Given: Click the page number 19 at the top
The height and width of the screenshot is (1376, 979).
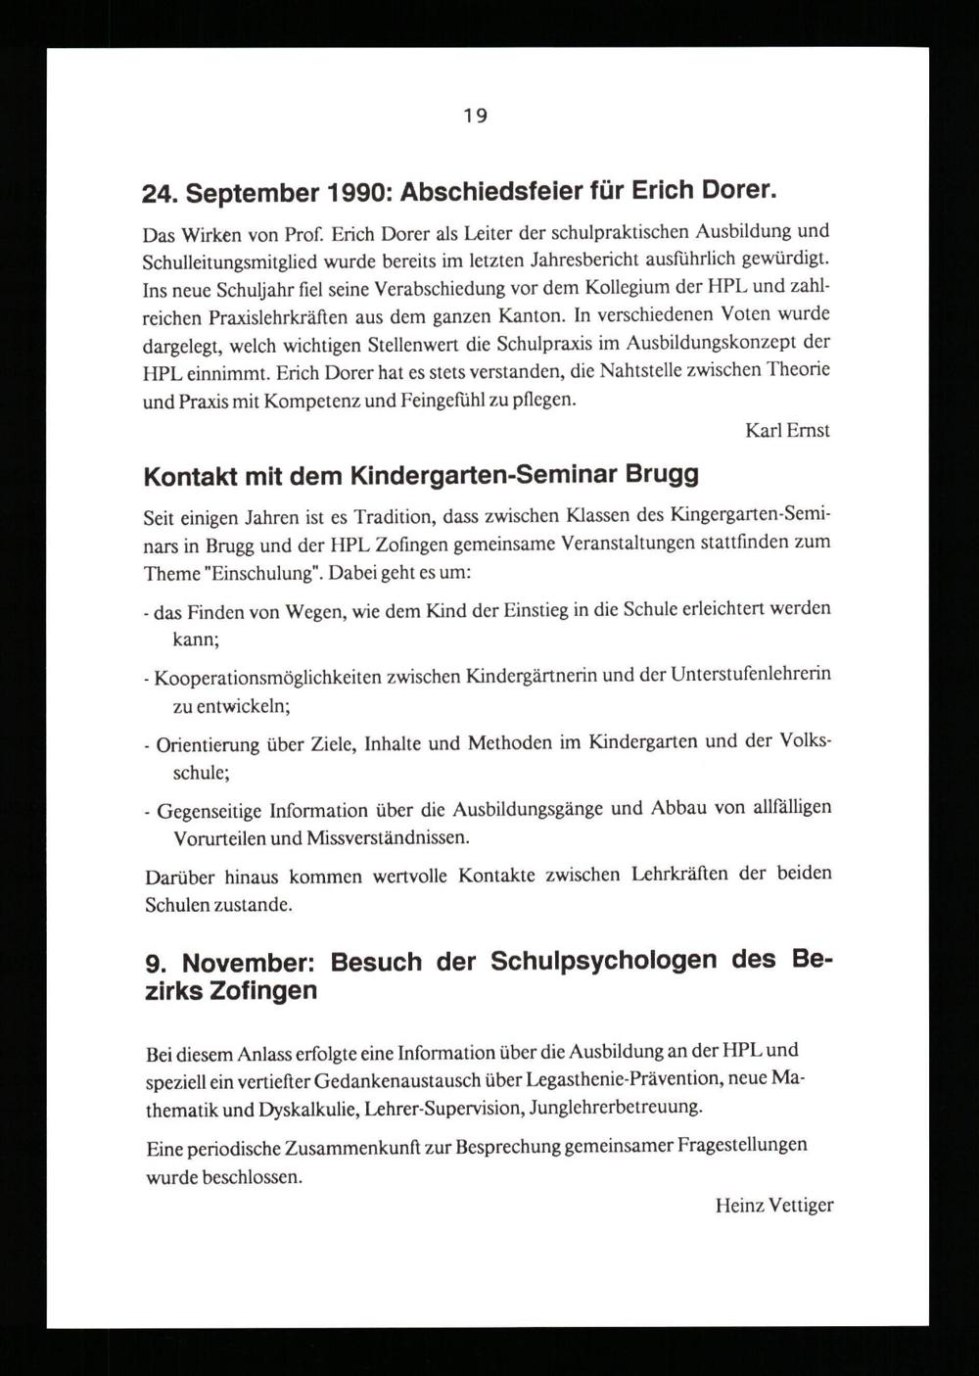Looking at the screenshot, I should point(475,116).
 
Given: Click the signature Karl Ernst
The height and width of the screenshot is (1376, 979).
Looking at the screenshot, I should point(787,430).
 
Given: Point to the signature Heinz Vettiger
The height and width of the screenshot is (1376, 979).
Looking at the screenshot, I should point(773,1206).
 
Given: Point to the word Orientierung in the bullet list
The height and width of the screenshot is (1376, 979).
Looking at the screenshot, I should point(207,743).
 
